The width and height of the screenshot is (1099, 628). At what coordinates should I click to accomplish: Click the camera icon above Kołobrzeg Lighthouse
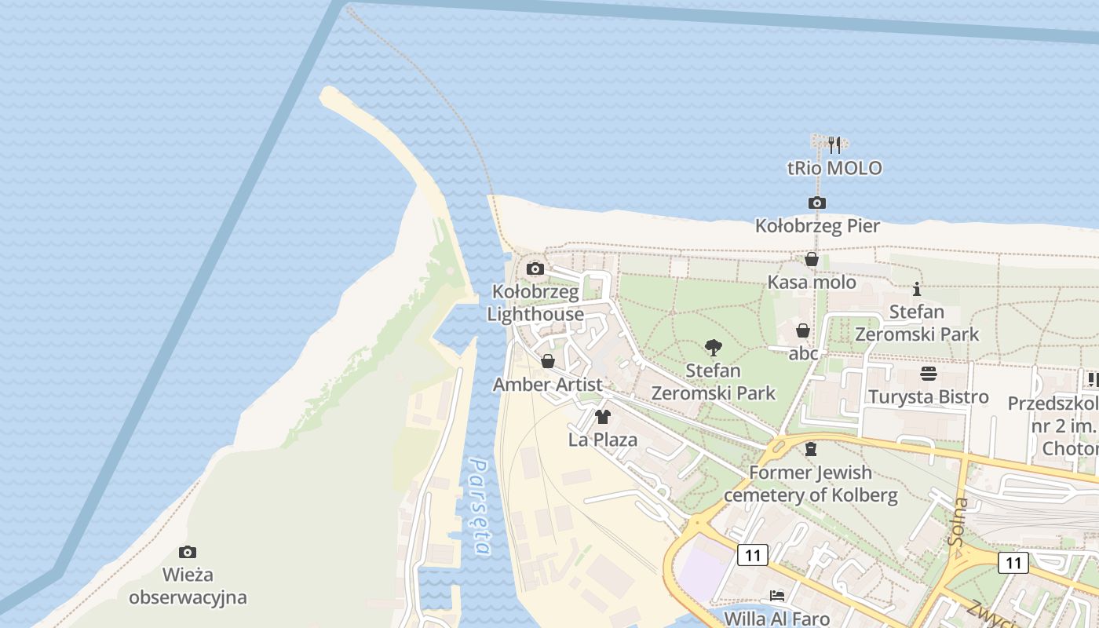pyautogui.click(x=535, y=269)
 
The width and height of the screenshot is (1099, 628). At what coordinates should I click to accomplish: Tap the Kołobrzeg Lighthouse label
pyautogui.click(x=535, y=303)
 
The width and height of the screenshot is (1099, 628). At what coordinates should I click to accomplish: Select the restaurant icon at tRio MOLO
pyautogui.click(x=834, y=145)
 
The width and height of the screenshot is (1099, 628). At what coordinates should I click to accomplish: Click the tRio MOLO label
pyautogui.click(x=834, y=168)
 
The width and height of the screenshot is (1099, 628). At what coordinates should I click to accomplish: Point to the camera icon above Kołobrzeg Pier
pyautogui.click(x=817, y=203)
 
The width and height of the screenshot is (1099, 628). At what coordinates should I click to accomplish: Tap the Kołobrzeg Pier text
pyautogui.click(x=817, y=226)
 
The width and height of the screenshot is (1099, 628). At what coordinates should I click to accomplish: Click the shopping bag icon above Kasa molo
pyautogui.click(x=812, y=259)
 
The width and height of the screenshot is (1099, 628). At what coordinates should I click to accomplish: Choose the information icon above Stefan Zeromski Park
pyautogui.click(x=916, y=289)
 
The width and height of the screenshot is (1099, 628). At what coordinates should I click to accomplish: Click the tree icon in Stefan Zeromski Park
pyautogui.click(x=713, y=347)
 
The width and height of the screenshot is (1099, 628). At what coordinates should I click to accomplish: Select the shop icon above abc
pyautogui.click(x=803, y=330)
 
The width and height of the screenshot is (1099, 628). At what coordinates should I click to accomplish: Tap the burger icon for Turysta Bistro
pyautogui.click(x=929, y=373)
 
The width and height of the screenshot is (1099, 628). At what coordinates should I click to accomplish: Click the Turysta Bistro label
pyautogui.click(x=929, y=396)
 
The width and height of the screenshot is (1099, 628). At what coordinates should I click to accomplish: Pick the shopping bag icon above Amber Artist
pyautogui.click(x=548, y=361)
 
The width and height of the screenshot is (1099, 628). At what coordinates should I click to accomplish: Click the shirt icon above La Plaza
pyautogui.click(x=603, y=416)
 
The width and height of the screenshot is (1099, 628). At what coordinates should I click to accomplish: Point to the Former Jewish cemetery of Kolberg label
pyautogui.click(x=811, y=484)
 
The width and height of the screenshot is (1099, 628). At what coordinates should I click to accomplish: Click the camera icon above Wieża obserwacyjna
pyautogui.click(x=187, y=552)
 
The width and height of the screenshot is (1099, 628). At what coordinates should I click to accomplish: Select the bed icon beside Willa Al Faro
pyautogui.click(x=776, y=596)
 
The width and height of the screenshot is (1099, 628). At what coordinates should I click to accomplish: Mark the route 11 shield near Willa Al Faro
pyautogui.click(x=752, y=556)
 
